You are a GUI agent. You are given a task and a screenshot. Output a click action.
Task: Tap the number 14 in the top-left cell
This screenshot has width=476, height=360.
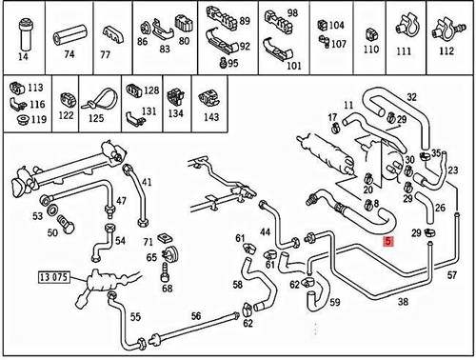pyautogui.click(x=24, y=56)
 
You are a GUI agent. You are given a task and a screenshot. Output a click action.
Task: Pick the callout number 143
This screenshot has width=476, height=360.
pyautogui.click(x=210, y=118)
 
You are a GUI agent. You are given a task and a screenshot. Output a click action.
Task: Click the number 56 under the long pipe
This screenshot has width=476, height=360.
pyautogui.click(x=195, y=317)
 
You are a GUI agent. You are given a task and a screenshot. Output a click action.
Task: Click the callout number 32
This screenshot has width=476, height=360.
pyautogui.click(x=412, y=97)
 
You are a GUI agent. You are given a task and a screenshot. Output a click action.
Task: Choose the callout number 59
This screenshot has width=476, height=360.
pyautogui.click(x=334, y=304)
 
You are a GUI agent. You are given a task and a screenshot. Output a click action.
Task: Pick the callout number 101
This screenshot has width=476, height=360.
pyautogui.click(x=293, y=67)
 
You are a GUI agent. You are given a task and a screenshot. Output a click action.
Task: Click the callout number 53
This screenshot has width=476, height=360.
pyautogui.click(x=37, y=217)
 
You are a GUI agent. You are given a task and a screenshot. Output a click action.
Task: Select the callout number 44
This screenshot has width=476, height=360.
pyautogui.click(x=266, y=233)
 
